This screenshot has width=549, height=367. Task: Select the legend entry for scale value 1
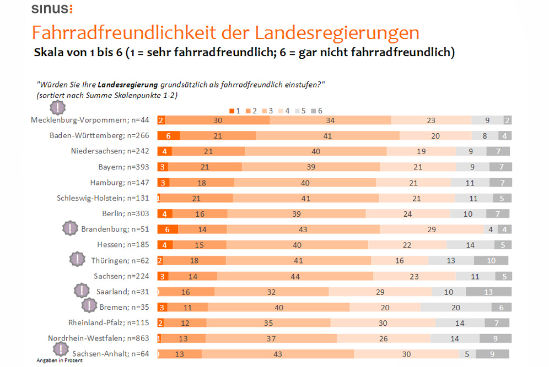(x=235, y=111)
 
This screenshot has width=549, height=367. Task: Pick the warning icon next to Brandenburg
(x=70, y=228)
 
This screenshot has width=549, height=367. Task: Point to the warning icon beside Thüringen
(x=78, y=259)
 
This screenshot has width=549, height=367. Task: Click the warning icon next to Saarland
(x=82, y=290)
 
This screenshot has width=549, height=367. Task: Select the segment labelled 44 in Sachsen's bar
(x=295, y=276)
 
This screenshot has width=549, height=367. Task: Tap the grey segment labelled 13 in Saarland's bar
(x=488, y=292)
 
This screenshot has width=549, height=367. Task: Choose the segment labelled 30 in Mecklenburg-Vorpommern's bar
(x=218, y=120)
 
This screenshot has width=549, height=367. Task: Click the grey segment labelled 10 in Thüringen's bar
(x=491, y=261)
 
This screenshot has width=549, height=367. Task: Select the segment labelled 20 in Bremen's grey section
(x=455, y=308)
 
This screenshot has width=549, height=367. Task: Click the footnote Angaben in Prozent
(x=60, y=360)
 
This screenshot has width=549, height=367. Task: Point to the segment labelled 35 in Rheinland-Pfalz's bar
(x=268, y=323)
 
